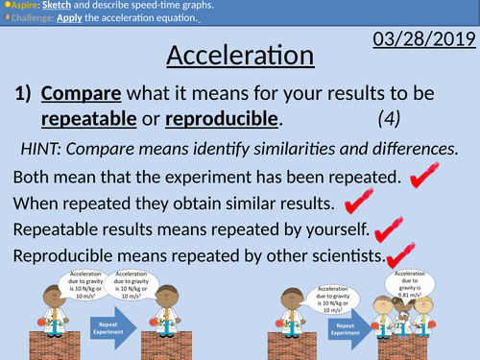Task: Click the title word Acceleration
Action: click(x=240, y=56)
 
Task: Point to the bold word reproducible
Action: click(x=221, y=121)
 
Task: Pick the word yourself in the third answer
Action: click(x=331, y=229)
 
